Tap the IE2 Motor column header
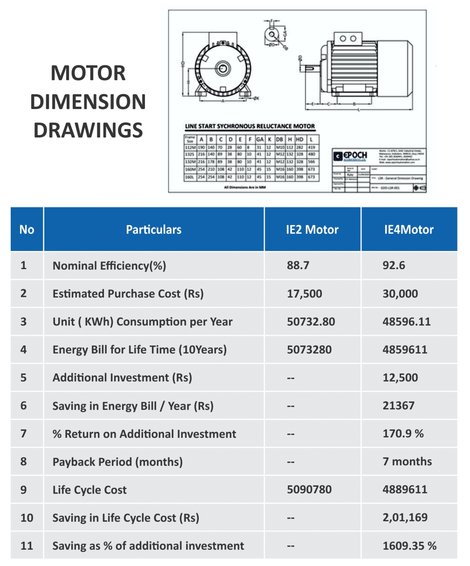click(312, 230)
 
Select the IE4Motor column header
click(408, 230)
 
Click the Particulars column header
click(154, 230)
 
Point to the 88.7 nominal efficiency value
click(298, 265)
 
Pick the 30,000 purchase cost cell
click(400, 294)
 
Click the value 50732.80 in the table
click(311, 322)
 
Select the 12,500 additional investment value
click(400, 377)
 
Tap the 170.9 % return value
click(403, 434)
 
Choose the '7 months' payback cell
click(407, 462)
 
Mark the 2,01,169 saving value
click(405, 518)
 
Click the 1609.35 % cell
click(409, 546)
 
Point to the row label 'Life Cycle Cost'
click(89, 490)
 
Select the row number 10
click(27, 518)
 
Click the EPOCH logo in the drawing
click(350, 156)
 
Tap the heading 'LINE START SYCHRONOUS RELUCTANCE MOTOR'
click(250, 126)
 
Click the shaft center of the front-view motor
click(223, 69)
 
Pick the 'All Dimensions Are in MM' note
click(245, 187)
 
